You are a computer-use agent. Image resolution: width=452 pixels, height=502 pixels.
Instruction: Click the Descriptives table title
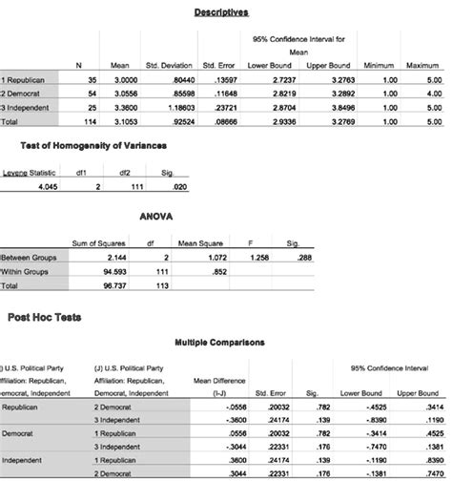point(221,12)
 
